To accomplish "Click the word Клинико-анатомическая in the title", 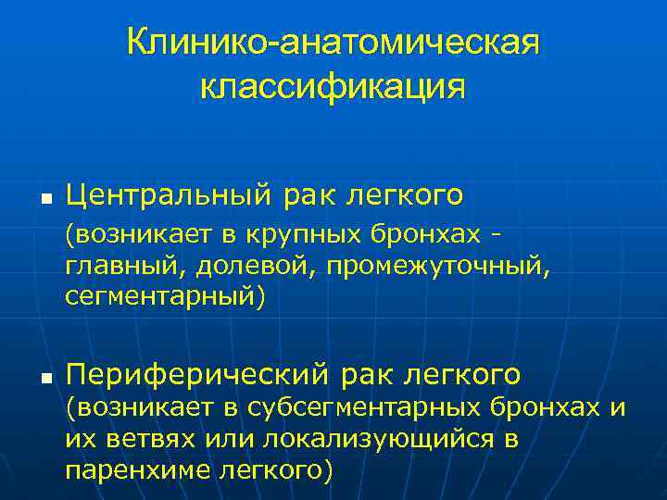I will point(333,43).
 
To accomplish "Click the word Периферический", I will point(196,375).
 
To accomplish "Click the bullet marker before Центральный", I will point(44,198).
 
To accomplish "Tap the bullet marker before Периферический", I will point(44,378).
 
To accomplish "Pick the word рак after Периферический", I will point(367,376).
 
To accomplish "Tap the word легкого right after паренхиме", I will point(272,469).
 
